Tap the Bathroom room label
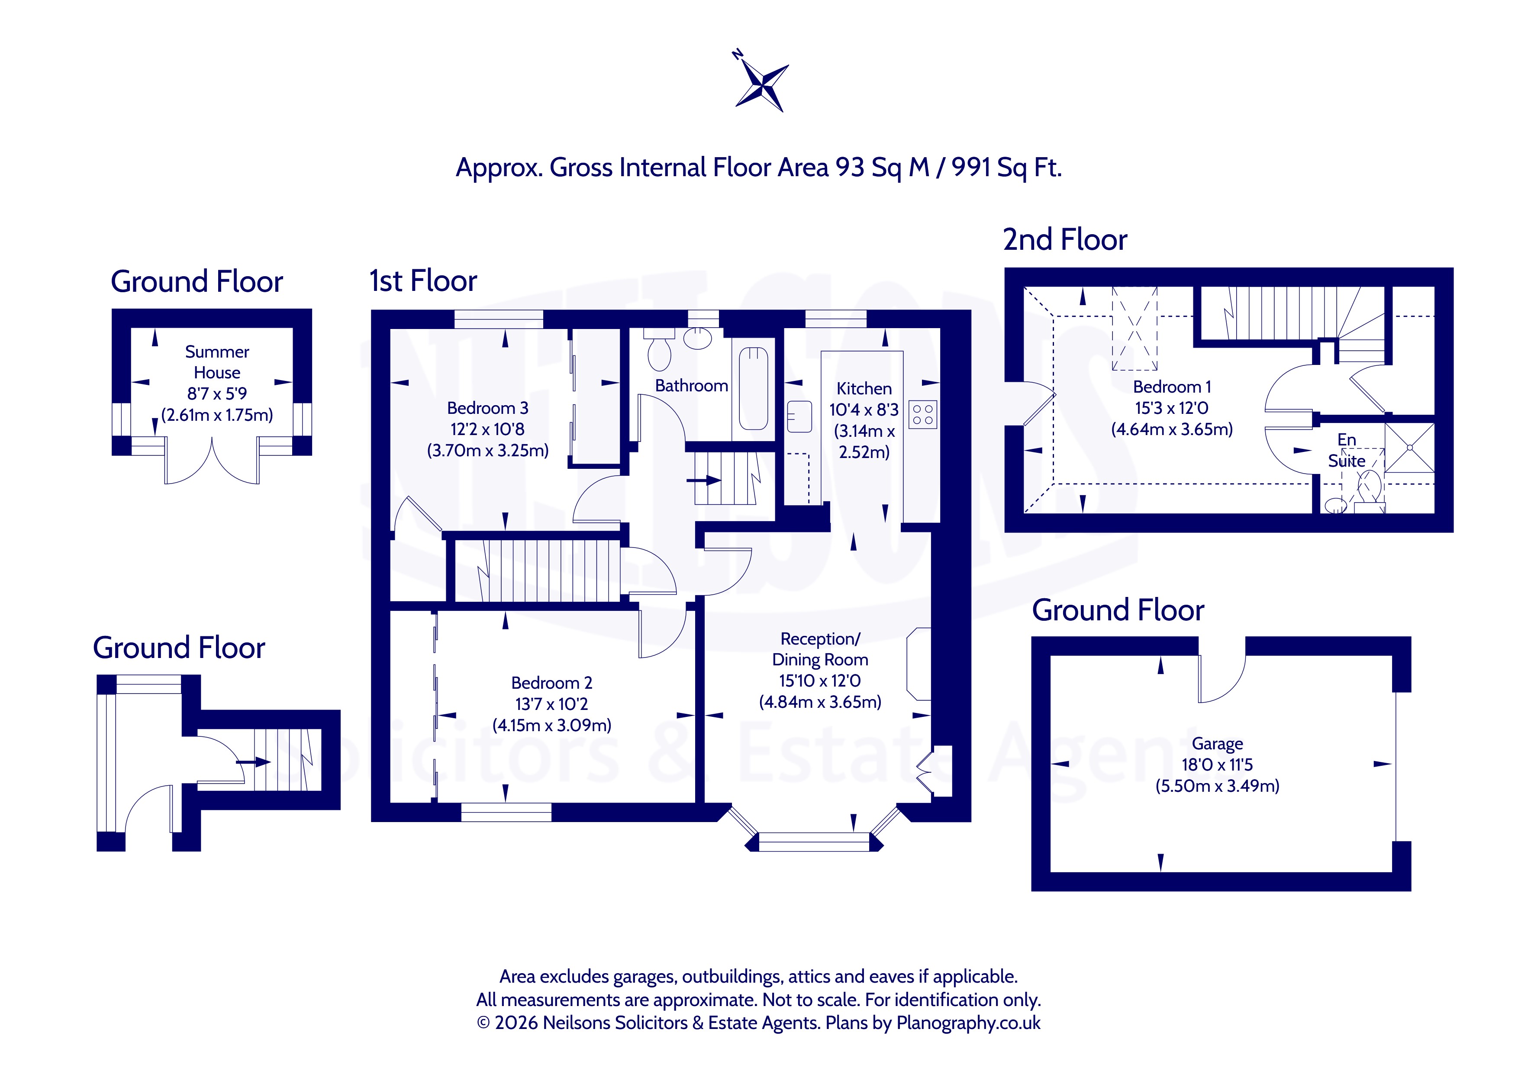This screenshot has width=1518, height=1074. click(x=692, y=386)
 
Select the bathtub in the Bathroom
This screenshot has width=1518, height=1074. click(x=753, y=389)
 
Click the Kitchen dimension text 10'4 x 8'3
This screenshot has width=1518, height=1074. click(x=864, y=410)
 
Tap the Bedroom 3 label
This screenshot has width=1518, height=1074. click(x=487, y=408)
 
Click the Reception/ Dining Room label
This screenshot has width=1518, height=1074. click(x=821, y=649)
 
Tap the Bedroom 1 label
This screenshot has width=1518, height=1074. click(x=1172, y=387)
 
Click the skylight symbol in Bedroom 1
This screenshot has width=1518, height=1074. click(x=1134, y=328)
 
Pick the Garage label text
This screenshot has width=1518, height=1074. click(x=1217, y=744)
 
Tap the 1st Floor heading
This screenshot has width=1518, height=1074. click(x=423, y=281)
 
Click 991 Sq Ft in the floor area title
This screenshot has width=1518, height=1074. click(x=1006, y=168)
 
